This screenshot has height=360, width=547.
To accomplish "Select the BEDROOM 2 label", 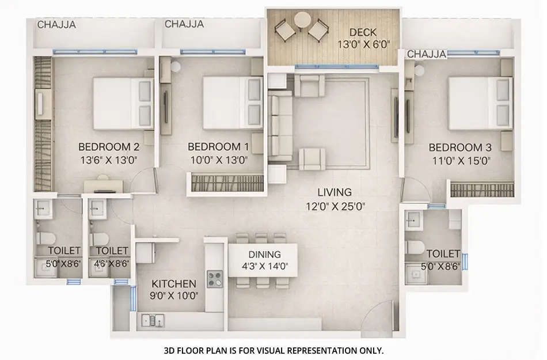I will click(x=109, y=146).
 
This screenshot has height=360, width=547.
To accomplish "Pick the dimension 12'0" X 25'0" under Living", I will click(x=337, y=206).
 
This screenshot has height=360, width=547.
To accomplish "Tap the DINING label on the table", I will click(x=265, y=254).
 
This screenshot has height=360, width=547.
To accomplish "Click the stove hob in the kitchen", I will click(x=215, y=280).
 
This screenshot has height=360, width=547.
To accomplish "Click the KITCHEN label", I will click(x=174, y=284).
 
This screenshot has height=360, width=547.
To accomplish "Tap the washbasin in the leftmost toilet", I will click(x=43, y=209).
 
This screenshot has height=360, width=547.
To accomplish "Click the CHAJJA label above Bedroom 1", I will click(x=184, y=24).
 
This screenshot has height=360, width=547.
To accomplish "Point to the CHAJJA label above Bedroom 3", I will click(x=427, y=54).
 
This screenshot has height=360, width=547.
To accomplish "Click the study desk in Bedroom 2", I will click(x=105, y=185).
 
